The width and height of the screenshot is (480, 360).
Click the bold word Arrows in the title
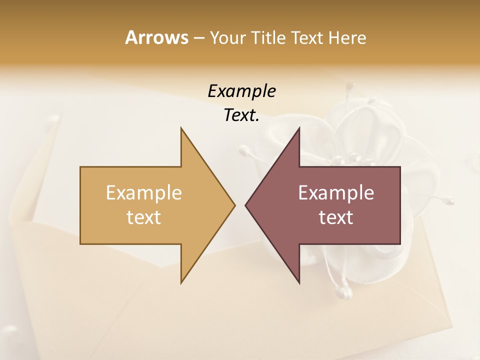tap(156, 37)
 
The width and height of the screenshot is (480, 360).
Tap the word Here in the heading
tap(347, 37)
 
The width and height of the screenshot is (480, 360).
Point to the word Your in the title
tap(228, 37)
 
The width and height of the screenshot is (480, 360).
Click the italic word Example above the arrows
tap(241, 91)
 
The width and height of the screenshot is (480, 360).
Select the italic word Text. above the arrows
tap(241, 115)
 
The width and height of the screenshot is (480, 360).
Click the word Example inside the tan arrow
tap(144, 192)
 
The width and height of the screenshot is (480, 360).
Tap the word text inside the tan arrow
tap(144, 217)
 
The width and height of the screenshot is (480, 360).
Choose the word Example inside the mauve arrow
tap(336, 192)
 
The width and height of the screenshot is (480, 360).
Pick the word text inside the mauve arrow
tap(336, 217)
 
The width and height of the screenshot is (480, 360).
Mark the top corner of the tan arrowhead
tap(181, 128)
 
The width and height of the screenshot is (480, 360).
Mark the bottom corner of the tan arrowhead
tap(181, 282)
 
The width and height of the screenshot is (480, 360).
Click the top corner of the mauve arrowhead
tap(299, 128)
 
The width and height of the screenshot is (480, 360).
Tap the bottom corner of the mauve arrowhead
tap(299, 282)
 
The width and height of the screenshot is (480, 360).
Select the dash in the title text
tap(198, 38)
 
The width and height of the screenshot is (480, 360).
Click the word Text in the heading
tap(309, 37)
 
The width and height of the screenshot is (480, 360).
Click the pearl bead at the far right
tap(450, 201)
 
